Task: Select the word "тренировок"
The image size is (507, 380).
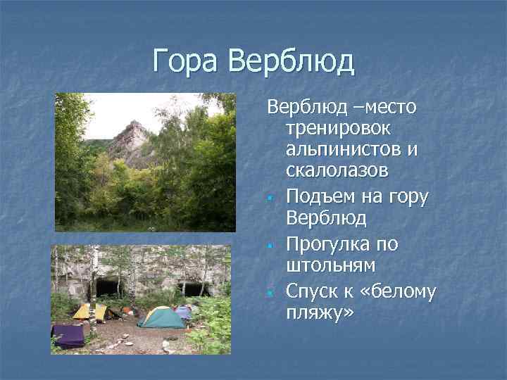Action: coord(340,129)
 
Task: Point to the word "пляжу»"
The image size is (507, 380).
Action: coord(317,312)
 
